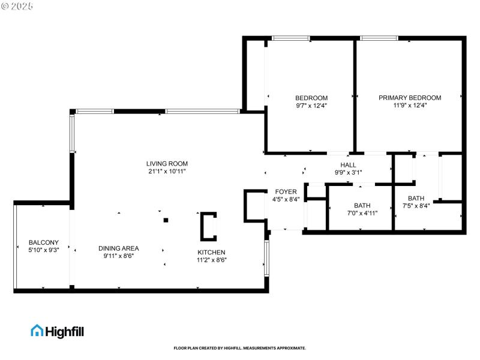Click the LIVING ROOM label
[167, 163]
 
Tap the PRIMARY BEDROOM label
[410, 98]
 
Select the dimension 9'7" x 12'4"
[311, 106]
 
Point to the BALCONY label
[44, 242]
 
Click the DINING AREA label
[119, 248]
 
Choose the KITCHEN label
[212, 252]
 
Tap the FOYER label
[286, 191]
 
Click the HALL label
[348, 165]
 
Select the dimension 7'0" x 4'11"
[362, 213]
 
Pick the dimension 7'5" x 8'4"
[416, 206]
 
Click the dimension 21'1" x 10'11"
[167, 171]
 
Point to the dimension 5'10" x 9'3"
[44, 250]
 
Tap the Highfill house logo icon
[37, 330]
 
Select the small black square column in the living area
[166, 220]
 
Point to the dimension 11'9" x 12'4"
[410, 106]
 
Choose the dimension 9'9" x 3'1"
[348, 173]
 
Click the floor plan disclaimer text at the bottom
[240, 348]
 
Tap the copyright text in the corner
[17, 5]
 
